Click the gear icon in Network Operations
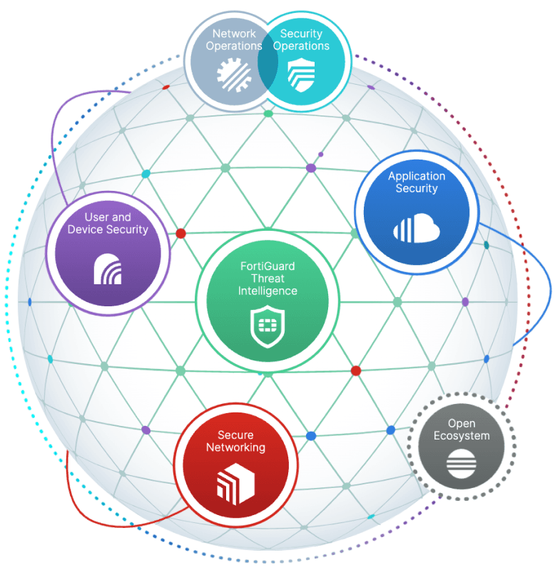coord(234,75)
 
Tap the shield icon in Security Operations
coord(302,75)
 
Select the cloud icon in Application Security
coord(417,228)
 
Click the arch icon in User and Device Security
coord(108,269)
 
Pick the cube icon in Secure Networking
coord(236,484)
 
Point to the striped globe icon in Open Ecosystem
coord(462,464)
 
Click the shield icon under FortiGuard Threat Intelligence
coord(268,326)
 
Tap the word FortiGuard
coord(268,266)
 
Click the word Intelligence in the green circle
coord(268,291)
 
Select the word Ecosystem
coord(462,436)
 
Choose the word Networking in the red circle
coord(236,447)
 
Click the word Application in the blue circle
coord(417,176)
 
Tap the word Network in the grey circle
coord(234,33)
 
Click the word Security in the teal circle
coord(302,33)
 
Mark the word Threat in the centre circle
coord(268,279)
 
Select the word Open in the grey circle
coord(462,424)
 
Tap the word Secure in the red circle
coord(235,435)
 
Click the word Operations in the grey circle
coord(234,46)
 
